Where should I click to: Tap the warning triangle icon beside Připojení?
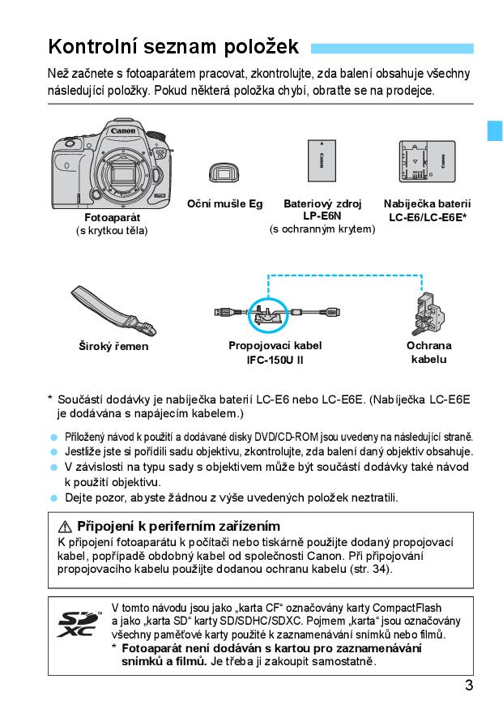click(66, 527)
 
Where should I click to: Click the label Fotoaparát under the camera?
click(113, 219)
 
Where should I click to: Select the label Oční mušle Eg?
click(224, 204)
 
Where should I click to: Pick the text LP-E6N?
click(322, 216)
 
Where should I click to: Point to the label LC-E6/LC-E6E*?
click(428, 218)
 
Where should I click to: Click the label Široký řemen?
click(113, 347)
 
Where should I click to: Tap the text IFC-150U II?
click(275, 359)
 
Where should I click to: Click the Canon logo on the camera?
click(123, 130)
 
